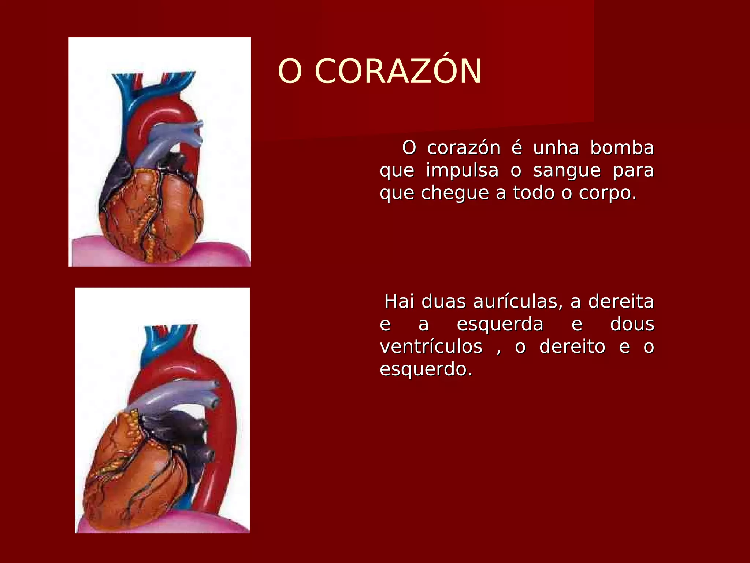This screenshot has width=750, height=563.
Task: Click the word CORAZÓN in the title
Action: pos(398,71)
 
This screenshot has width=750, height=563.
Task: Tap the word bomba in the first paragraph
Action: pos(622,148)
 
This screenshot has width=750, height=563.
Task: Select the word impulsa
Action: pos(462,171)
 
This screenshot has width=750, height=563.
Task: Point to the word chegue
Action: pos(455,194)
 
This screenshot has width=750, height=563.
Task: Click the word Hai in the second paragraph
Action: pos(400,302)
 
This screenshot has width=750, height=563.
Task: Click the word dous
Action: pos(632,324)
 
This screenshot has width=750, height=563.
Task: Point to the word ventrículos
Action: pos(431,347)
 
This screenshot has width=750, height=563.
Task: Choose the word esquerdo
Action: pos(426,369)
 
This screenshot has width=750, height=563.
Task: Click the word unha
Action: pos(556,148)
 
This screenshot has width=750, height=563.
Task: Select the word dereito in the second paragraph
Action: pos(572,347)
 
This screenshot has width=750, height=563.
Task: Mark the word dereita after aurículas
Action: pos(621,302)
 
